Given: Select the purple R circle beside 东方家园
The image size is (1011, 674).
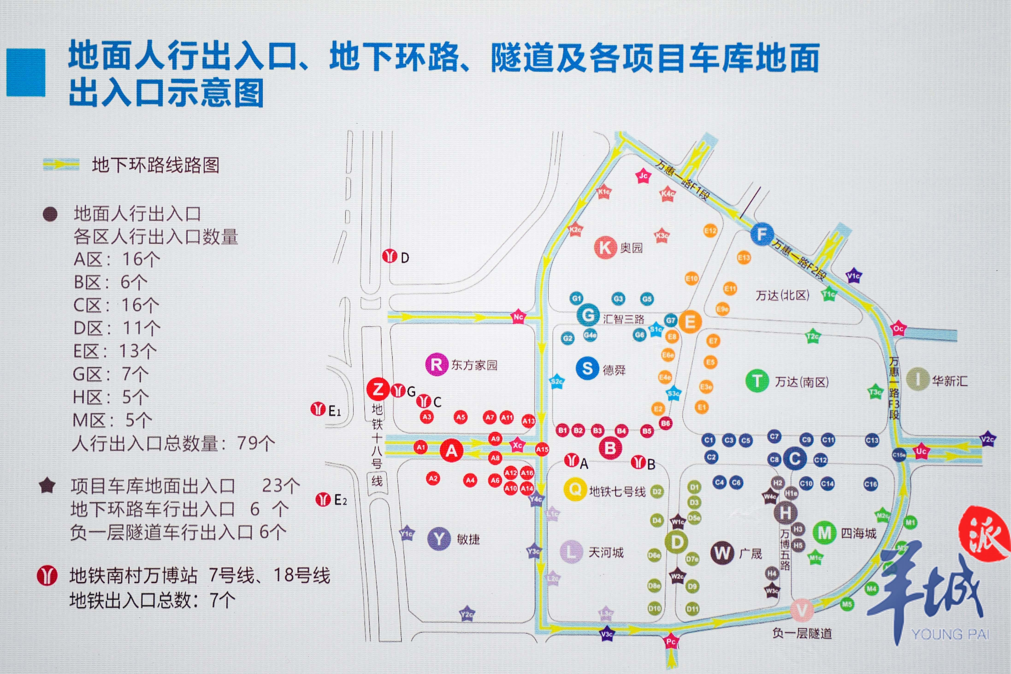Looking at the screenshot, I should click(436, 364).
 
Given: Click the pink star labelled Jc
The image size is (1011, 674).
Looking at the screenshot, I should click(643, 175).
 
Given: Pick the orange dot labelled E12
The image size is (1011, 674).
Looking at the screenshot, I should click(710, 231).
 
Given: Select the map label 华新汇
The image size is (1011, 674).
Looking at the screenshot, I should click(949, 381).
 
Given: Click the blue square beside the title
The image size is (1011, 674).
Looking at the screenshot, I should click(26, 72).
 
